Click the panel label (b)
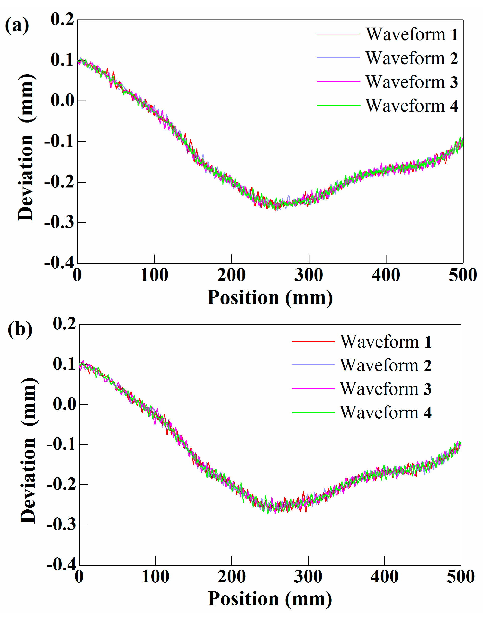coord(20,329)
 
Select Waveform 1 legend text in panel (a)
coord(412,34)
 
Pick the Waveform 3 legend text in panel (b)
coord(386,389)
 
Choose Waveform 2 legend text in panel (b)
coord(386,365)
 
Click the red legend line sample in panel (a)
coord(338,34)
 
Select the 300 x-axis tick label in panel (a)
coord(309,275)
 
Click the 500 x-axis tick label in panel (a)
coord(463,275)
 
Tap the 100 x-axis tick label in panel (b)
coord(155,577)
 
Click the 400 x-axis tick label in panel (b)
coord(384,577)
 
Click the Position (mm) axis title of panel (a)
coord(270,298)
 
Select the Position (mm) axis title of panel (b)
coord(270,599)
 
